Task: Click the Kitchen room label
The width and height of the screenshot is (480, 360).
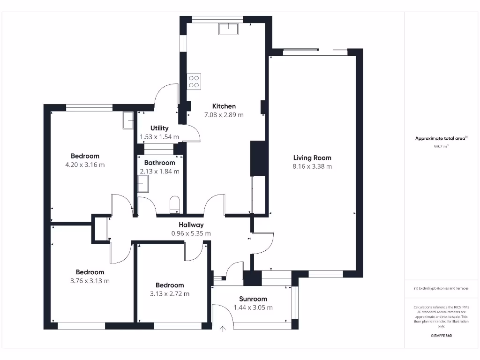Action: coord(224,106)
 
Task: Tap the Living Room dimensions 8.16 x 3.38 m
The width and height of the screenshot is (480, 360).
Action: coord(312,166)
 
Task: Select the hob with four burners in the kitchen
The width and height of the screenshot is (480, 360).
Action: coord(194,82)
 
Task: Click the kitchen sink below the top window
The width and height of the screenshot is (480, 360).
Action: coord(228,29)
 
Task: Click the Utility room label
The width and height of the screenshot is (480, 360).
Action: coord(159,128)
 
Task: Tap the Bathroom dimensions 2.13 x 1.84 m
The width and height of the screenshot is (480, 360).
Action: coord(159,172)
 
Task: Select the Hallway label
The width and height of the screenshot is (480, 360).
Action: coord(191,225)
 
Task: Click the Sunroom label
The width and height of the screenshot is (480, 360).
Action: coord(253,299)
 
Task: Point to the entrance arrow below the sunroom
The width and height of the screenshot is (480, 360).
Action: coord(223,330)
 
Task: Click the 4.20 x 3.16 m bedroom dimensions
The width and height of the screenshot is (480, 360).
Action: coord(85,165)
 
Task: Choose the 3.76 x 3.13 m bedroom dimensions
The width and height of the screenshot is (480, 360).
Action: coord(90,281)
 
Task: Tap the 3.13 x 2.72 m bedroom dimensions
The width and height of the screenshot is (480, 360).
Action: coord(170,294)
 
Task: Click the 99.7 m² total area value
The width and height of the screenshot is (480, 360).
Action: coord(441,147)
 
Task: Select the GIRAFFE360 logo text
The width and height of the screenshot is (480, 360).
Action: coord(441,336)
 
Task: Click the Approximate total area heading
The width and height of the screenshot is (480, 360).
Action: coord(441,138)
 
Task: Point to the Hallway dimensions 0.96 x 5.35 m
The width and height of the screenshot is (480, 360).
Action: coord(191,233)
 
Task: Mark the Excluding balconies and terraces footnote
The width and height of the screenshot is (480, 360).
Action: coord(441,289)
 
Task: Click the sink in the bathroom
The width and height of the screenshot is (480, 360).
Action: coord(143,187)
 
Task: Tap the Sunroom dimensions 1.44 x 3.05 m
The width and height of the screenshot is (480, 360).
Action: coord(253,308)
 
